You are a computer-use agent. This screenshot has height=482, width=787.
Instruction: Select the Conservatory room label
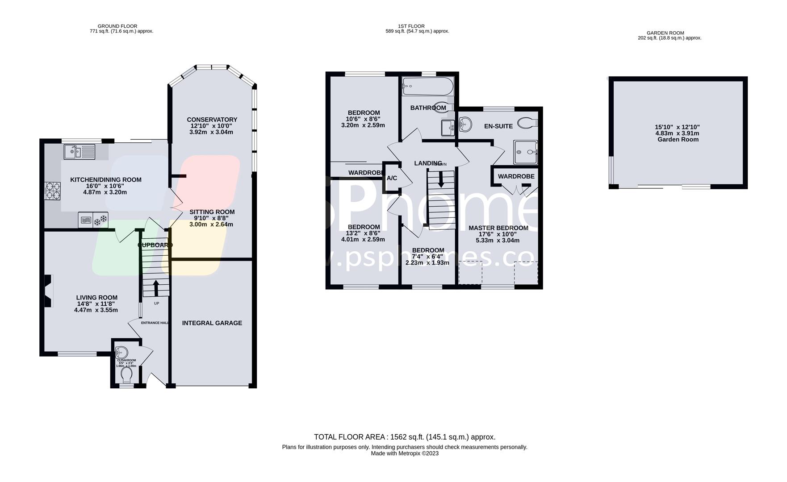212,120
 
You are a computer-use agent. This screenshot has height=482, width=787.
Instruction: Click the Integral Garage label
212,323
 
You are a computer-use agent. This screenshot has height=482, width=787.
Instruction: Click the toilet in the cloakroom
126,375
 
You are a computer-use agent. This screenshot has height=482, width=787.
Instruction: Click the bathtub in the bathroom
427,87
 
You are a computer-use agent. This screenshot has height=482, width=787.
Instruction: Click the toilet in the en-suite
527,123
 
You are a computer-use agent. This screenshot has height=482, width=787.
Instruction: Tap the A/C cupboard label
392,179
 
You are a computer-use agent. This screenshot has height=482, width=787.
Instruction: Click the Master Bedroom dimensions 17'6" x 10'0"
498,234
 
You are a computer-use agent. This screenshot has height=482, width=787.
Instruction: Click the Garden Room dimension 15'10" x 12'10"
677,127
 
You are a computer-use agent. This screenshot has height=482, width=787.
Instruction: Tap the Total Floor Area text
404,437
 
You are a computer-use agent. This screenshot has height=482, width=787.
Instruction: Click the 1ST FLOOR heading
411,26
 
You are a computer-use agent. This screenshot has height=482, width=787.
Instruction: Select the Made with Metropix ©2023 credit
404,453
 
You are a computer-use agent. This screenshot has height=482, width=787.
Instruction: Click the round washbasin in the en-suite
465,124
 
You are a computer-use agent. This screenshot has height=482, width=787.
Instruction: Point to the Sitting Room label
212,212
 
